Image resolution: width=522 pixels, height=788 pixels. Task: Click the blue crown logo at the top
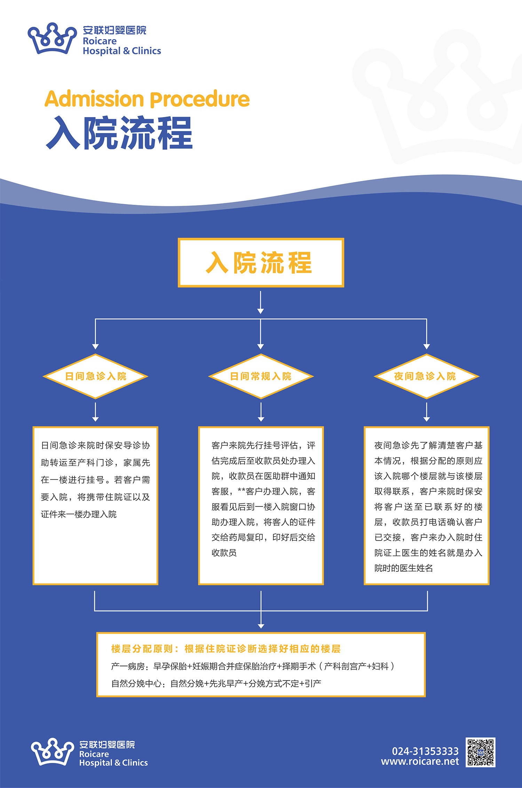(52, 38)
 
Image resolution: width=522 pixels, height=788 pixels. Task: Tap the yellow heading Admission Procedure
(147, 99)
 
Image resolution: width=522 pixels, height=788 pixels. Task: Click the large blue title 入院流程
(119, 133)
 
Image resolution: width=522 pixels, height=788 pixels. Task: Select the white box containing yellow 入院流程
(261, 263)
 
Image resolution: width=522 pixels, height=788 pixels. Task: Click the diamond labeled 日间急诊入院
(95, 376)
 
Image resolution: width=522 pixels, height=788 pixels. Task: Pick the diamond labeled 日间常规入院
(261, 376)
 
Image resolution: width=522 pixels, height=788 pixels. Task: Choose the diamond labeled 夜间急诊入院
(426, 376)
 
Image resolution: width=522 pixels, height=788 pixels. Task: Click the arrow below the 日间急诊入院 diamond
(95, 412)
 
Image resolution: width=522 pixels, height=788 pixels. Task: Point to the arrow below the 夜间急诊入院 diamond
(427, 412)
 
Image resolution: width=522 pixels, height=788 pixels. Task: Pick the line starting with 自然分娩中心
(216, 684)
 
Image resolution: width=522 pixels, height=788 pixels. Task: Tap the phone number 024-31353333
(425, 751)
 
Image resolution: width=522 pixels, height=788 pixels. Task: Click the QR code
(480, 752)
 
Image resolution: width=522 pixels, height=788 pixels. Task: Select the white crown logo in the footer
(52, 752)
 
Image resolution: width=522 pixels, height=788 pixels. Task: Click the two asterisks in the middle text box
(242, 491)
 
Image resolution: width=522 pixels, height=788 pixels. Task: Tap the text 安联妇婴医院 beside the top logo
(114, 30)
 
